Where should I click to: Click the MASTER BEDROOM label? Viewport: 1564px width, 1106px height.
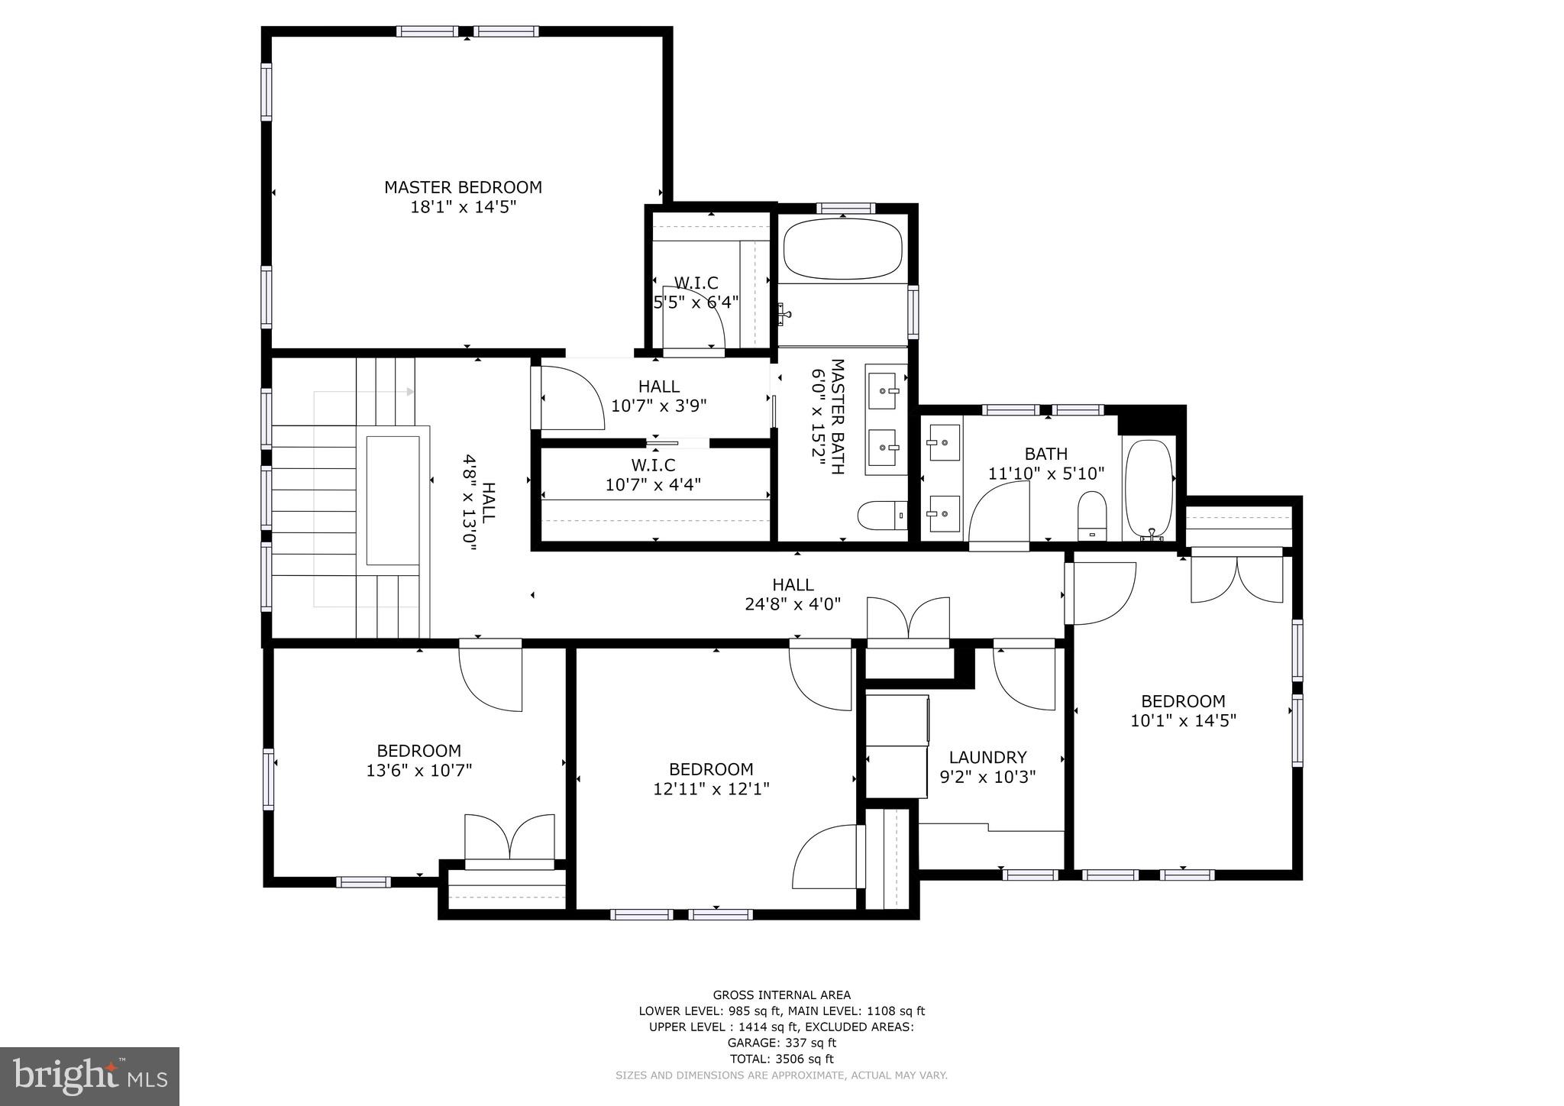tap(463, 187)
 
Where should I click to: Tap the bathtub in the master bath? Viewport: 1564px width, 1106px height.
tap(843, 250)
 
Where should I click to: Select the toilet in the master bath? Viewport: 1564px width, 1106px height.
tap(881, 516)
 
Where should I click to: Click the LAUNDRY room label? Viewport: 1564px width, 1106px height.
tap(987, 757)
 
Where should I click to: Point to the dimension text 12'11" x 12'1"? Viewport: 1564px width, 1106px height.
tap(711, 789)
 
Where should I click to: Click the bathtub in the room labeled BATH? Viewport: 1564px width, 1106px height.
tap(1148, 489)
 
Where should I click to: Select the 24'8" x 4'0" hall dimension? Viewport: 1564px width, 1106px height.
tap(793, 604)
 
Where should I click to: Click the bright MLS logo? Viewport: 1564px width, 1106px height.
tap(89, 1076)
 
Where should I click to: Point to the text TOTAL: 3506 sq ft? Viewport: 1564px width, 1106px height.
tap(781, 1059)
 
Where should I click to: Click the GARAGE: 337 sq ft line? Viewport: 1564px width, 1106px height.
tap(781, 1043)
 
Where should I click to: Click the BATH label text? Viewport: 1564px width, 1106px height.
tap(1045, 454)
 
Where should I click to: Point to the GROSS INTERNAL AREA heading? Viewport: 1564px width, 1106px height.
tap(781, 994)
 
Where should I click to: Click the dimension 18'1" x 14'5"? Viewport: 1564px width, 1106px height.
tap(463, 207)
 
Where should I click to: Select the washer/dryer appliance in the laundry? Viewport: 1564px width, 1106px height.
tap(897, 745)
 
